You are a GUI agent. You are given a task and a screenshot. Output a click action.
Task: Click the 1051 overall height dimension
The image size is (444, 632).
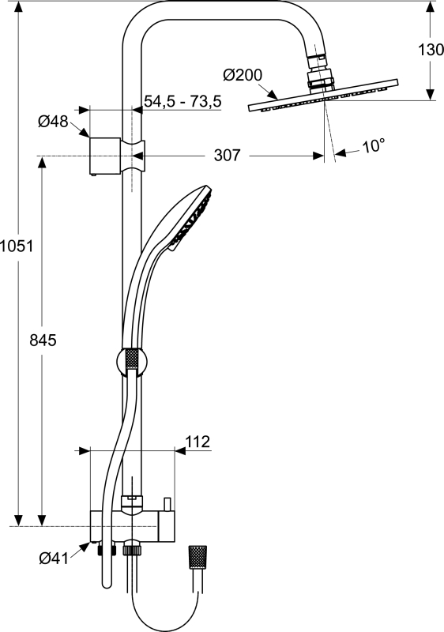click(x=17, y=246)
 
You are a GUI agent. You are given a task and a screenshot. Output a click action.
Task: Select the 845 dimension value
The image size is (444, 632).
click(x=43, y=340)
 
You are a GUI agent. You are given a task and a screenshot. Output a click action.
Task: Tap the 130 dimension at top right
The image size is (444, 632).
click(x=431, y=50)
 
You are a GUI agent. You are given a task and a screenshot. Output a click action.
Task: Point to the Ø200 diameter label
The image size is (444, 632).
click(x=242, y=75)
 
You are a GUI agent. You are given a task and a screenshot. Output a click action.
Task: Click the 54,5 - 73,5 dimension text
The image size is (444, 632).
click(x=183, y=101)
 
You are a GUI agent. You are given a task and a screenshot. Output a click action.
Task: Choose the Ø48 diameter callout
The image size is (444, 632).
click(x=53, y=121)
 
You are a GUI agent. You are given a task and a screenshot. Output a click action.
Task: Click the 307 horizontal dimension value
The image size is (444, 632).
click(x=227, y=155)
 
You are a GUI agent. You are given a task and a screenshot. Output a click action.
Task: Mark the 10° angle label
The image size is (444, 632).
click(x=374, y=146)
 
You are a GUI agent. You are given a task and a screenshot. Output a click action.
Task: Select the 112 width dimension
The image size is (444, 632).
click(x=198, y=442)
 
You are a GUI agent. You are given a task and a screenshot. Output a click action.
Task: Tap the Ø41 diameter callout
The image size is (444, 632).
click(x=54, y=559)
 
